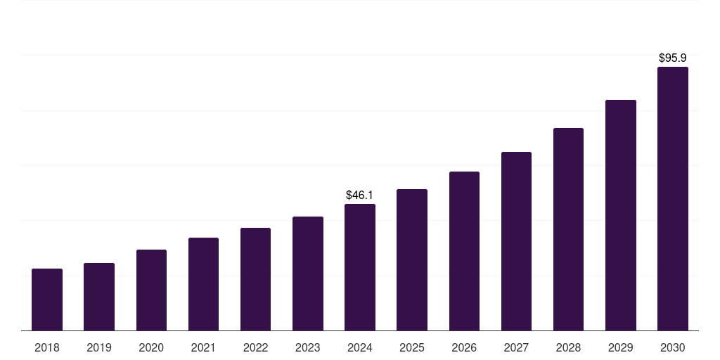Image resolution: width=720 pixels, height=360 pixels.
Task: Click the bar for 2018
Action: click(47, 300)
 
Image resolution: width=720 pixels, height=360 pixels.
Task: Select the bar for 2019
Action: click(99, 297)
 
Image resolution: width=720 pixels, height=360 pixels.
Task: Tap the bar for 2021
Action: click(203, 284)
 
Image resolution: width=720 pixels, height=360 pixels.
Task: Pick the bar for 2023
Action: click(308, 274)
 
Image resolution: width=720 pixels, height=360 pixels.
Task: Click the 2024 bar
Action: click(360, 267)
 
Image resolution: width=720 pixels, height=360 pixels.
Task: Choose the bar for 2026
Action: click(464, 251)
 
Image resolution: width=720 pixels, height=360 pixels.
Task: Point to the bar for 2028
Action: click(568, 229)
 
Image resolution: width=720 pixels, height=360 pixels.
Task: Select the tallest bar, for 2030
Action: click(673, 199)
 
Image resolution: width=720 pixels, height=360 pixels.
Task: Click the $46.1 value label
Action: click(360, 195)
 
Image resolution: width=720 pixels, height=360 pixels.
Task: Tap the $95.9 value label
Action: click(673, 58)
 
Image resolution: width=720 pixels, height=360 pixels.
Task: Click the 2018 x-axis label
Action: click(47, 347)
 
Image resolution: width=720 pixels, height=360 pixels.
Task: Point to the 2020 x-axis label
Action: click(151, 347)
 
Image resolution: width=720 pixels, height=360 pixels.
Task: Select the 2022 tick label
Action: click(255, 347)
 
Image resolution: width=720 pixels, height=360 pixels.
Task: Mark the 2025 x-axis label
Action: click(412, 347)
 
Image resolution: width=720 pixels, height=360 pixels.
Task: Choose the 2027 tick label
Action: click(516, 347)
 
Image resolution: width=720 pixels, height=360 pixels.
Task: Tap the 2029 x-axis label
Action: click(620, 347)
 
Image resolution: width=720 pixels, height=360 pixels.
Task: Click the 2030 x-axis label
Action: click(673, 347)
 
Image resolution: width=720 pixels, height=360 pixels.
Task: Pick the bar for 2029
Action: click(620, 215)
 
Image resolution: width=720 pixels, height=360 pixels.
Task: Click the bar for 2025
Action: click(412, 260)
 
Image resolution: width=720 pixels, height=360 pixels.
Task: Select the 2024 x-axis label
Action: click(360, 347)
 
